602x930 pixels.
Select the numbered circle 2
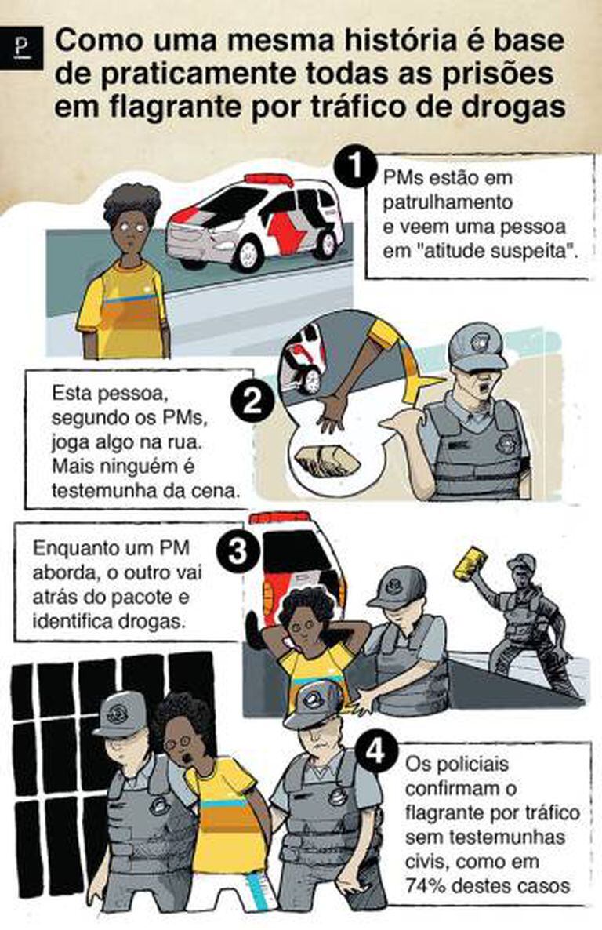coord(253,402)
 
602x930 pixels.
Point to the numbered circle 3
coord(238,553)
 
